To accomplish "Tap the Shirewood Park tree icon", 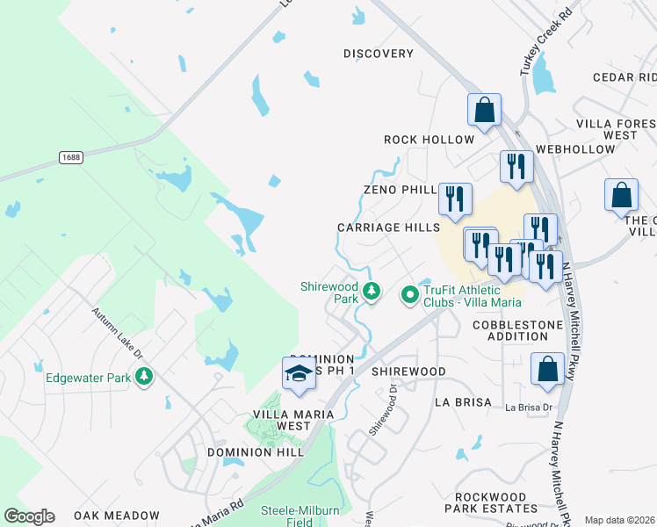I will pyautogui.click(x=372, y=291).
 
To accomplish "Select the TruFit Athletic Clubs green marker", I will pyautogui.click(x=409, y=295).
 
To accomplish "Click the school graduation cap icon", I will pyautogui.click(x=299, y=373).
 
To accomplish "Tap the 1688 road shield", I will pyautogui.click(x=72, y=157).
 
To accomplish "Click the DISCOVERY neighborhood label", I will pyautogui.click(x=379, y=54).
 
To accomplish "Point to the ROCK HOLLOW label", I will pyautogui.click(x=429, y=140).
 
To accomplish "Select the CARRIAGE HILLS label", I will pyautogui.click(x=388, y=227).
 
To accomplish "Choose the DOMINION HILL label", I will pyautogui.click(x=255, y=451).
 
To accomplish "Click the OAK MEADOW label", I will pyautogui.click(x=116, y=516).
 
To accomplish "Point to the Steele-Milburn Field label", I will pyautogui.click(x=291, y=516).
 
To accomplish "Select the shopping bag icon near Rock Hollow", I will pyautogui.click(x=484, y=111).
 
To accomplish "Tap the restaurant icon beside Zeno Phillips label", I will pyautogui.click(x=454, y=199).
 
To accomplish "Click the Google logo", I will pyautogui.click(x=29, y=516).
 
